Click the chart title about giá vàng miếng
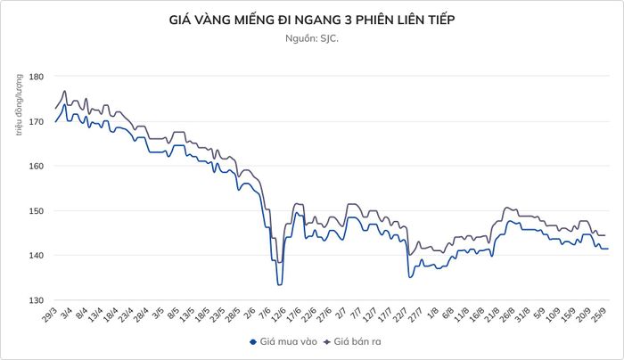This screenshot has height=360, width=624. (312, 20)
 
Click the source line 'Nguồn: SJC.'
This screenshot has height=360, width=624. (312, 38)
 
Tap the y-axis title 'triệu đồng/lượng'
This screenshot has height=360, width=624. (20, 105)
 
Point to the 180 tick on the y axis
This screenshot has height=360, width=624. (36, 76)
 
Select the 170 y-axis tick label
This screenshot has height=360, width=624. (36, 121)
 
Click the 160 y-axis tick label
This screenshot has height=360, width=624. (36, 166)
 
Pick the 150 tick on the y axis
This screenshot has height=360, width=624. (36, 211)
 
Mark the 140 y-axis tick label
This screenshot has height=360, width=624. (36, 256)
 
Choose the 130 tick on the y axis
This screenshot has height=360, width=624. (36, 300)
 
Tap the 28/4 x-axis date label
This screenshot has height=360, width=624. (141, 315)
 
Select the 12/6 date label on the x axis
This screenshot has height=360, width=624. (278, 315)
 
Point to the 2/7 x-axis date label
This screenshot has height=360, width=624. (341, 314)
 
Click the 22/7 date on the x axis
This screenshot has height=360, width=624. (400, 315)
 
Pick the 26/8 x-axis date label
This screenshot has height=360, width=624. (507, 315)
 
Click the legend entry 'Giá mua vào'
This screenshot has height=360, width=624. (283, 341)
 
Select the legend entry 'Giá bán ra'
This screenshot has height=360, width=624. (353, 341)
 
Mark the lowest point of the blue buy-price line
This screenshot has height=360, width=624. (279, 285)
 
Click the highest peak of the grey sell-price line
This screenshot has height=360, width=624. (64, 91)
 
